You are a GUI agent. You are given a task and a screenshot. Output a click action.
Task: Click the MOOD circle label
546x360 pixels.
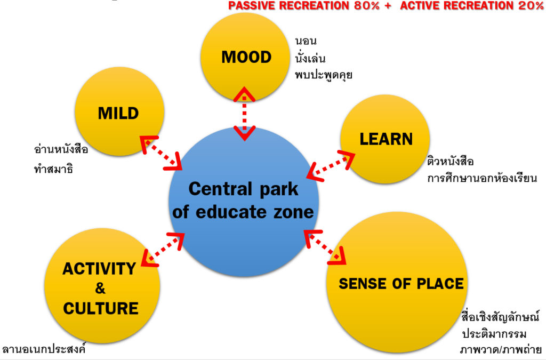tap(246, 57)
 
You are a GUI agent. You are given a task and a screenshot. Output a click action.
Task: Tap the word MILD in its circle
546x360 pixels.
tap(118, 113)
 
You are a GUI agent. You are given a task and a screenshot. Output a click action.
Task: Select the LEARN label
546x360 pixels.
tap(386, 139)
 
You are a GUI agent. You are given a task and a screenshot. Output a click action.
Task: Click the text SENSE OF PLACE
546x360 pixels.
tap(401, 283)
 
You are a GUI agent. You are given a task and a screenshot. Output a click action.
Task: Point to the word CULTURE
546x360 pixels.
tap(101, 308)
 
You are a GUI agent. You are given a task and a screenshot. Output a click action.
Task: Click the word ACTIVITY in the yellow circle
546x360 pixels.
tap(99, 268)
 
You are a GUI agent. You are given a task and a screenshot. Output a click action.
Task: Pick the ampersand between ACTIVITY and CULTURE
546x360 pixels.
tap(100, 289)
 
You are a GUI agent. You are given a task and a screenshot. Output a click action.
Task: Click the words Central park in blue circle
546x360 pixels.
tap(244, 189)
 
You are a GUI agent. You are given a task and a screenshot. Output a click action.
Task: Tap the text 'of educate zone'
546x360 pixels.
tap(244, 212)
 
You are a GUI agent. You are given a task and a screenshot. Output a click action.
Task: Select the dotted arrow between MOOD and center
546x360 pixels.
tap(245, 114)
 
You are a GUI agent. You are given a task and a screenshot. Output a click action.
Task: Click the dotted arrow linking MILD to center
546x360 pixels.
tap(161, 153)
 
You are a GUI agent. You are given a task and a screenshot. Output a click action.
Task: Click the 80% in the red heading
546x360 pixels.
tap(363, 6)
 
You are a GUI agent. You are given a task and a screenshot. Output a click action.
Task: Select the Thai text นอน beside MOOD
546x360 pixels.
tap(306, 41)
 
